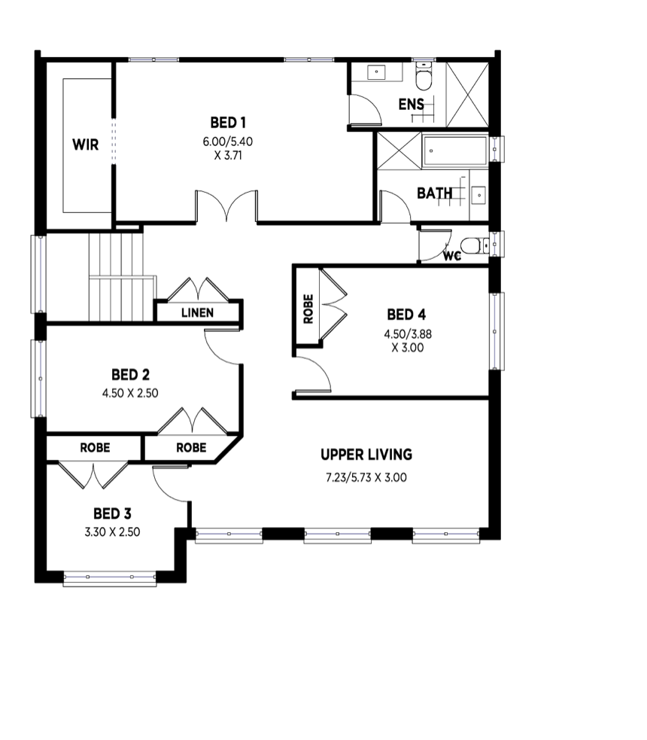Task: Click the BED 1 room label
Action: coord(228,122)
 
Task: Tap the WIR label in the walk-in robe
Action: coord(86,145)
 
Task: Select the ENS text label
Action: coord(411,104)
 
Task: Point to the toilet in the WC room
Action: coord(470,245)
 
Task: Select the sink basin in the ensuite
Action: coord(376,73)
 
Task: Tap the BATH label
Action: coord(435,193)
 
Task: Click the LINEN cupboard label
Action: coord(198,312)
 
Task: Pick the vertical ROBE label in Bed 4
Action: coord(308,309)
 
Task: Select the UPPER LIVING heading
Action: coord(366,455)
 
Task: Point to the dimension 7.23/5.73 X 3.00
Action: coord(366,477)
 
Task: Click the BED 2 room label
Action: coord(130,374)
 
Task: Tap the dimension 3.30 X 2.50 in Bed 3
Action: coord(112,531)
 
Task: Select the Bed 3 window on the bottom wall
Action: coord(110,578)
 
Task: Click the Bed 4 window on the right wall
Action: coord(494,331)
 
